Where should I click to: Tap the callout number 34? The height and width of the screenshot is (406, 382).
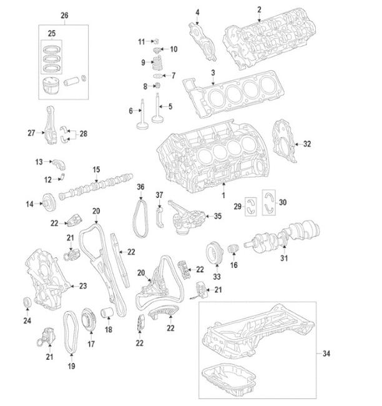tap(326, 354)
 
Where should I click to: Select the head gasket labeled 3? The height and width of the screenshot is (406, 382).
tap(231, 96)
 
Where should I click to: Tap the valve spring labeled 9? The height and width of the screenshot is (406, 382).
tap(159, 62)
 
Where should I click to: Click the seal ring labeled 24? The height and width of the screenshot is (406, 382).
tap(27, 304)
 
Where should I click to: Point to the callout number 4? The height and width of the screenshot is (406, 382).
tap(197, 12)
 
